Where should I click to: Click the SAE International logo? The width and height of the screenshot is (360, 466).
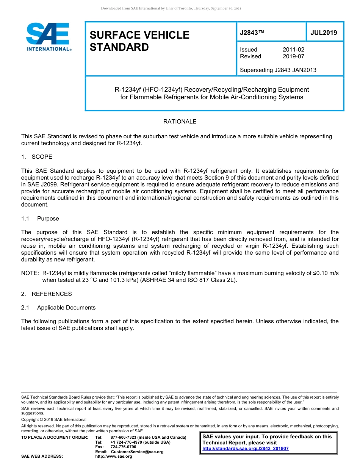[x=49, y=37]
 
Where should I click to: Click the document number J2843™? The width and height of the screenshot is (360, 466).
[x=252, y=33]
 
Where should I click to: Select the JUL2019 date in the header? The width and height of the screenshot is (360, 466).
[x=324, y=33]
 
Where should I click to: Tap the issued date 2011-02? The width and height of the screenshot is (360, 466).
[x=293, y=50]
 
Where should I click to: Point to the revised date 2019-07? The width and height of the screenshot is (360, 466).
[x=293, y=56]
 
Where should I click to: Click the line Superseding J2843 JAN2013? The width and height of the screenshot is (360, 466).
[x=278, y=70]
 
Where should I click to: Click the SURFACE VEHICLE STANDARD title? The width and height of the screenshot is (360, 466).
[x=139, y=41]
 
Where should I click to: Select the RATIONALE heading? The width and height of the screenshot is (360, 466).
[x=180, y=122]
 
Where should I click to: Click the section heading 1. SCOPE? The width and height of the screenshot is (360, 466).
[x=37, y=157]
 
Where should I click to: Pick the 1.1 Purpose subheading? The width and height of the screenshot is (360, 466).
[x=40, y=219]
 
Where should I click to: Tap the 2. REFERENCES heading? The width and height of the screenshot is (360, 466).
[x=46, y=294]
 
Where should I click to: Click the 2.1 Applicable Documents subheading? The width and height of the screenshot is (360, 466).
[x=58, y=308]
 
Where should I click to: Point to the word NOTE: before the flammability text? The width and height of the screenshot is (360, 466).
[x=30, y=273]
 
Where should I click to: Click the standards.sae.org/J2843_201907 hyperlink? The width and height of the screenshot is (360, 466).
[x=245, y=449]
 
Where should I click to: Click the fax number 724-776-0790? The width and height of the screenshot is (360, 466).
[x=123, y=447]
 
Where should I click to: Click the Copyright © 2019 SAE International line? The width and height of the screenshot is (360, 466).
[x=54, y=419]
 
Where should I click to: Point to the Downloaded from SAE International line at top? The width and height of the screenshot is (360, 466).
[x=171, y=8]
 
